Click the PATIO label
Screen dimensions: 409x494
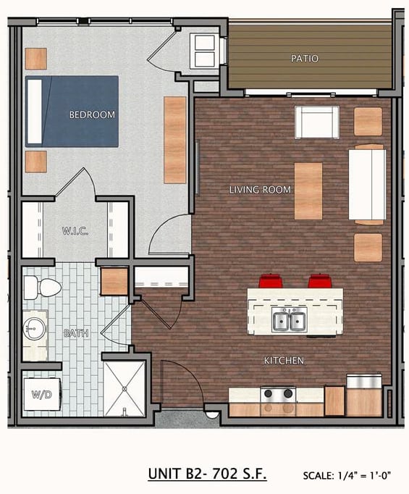pyautogui.click(x=304, y=58)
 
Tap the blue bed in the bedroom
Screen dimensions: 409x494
pyautogui.click(x=72, y=112)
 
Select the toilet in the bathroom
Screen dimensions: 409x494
pyautogui.click(x=42, y=288)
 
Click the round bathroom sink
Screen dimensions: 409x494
pyautogui.click(x=34, y=329)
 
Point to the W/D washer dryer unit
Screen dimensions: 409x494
pyautogui.click(x=42, y=394)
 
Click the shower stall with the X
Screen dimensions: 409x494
pyautogui.click(x=125, y=389)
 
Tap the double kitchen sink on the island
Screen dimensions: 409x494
pyautogui.click(x=290, y=319)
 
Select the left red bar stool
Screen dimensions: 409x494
pyautogui.click(x=270, y=281)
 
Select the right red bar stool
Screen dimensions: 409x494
pyautogui.click(x=320, y=281)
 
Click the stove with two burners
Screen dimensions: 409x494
pyautogui.click(x=278, y=395)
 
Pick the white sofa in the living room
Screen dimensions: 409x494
pyautogui.click(x=367, y=185)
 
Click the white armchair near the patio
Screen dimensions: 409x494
pyautogui.click(x=317, y=122)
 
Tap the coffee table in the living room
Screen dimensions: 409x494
pyautogui.click(x=308, y=191)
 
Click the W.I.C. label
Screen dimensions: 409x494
pyautogui.click(x=75, y=231)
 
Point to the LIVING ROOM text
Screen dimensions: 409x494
pyautogui.click(x=260, y=190)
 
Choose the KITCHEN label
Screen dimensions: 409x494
pyautogui.click(x=284, y=361)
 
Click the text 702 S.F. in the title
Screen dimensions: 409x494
pyautogui.click(x=240, y=474)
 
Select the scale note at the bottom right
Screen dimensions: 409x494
pyautogui.click(x=347, y=475)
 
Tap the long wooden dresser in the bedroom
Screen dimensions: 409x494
pyautogui.click(x=175, y=140)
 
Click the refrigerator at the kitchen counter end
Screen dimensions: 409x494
pyautogui.click(x=364, y=395)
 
